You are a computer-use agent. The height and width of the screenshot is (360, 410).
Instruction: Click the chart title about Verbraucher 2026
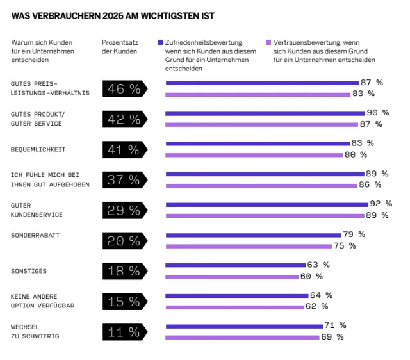[x=113, y=15]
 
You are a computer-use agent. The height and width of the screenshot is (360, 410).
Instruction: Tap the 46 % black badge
[x=124, y=89]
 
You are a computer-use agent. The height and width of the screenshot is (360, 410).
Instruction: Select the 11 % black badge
[x=124, y=332]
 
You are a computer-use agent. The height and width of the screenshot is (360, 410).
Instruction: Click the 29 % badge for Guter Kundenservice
[x=124, y=211]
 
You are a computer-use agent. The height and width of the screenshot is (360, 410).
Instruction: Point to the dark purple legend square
[x=160, y=43]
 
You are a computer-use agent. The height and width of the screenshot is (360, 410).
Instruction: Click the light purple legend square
[x=268, y=43]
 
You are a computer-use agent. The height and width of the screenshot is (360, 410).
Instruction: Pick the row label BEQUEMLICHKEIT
[x=38, y=150]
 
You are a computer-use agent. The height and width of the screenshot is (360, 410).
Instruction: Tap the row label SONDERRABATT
[x=35, y=235]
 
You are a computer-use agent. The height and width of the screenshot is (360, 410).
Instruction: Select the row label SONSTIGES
[x=29, y=271]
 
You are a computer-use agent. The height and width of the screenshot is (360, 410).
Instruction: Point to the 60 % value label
[x=312, y=276]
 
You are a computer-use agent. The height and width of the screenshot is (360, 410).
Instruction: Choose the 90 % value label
[x=377, y=113]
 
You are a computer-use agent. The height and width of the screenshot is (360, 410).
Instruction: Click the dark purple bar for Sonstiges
[x=235, y=265]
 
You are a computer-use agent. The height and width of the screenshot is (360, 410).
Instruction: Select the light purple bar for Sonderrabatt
[x=249, y=246]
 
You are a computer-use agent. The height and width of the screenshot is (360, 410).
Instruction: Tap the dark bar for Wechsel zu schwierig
[x=244, y=325]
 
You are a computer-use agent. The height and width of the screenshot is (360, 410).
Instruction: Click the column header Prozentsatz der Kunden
[x=119, y=47]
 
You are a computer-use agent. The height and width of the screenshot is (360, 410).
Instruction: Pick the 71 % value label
[x=336, y=325]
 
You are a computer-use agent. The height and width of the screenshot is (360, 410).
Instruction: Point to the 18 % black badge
[x=124, y=271]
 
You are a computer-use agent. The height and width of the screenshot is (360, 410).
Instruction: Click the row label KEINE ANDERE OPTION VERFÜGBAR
[x=43, y=301]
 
